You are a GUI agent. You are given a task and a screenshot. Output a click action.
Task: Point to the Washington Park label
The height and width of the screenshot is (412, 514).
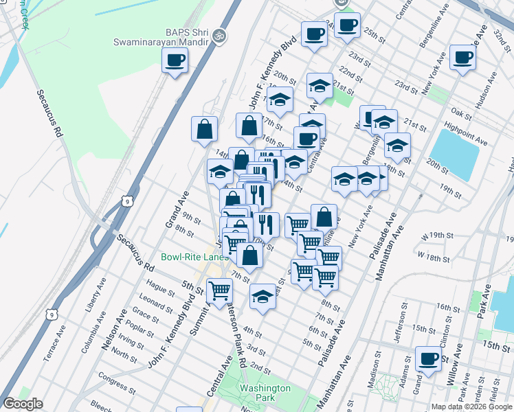265,393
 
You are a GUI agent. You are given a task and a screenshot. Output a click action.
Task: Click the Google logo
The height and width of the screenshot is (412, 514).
23,404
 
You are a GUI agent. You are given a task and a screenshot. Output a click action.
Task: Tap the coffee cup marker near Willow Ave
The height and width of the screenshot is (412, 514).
428,358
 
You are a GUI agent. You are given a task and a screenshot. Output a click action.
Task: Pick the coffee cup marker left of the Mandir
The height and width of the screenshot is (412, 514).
175,60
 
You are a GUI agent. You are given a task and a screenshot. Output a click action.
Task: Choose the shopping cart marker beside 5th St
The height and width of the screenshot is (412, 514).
219,290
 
